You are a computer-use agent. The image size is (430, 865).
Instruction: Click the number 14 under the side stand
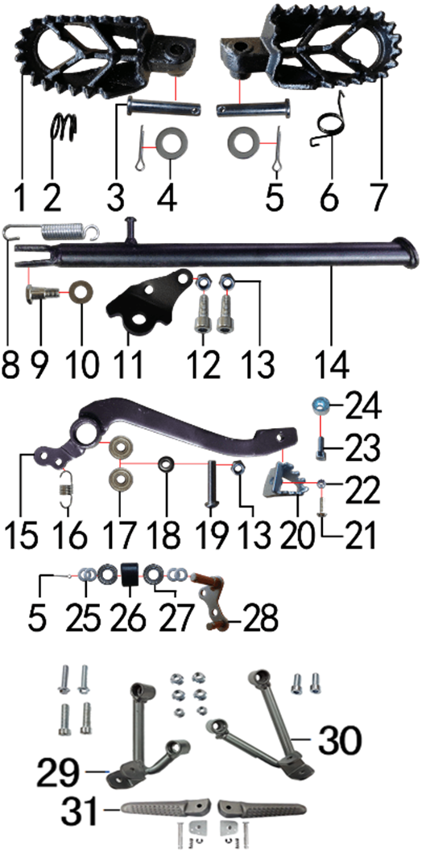[x=332, y=364]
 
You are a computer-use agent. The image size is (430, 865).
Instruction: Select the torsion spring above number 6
[x=327, y=122]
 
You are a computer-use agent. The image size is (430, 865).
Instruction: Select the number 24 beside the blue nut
[x=362, y=410]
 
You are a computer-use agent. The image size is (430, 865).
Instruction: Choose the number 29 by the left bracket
[x=58, y=774]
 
